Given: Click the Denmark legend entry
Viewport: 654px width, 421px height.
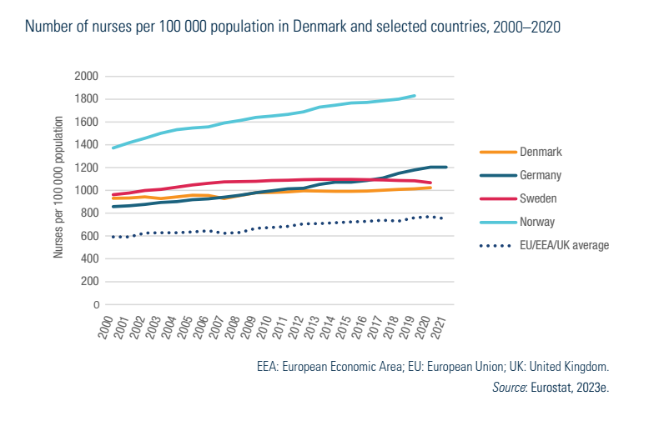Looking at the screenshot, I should pyautogui.click(x=541, y=153).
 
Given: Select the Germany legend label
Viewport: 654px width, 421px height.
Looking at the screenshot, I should pyautogui.click(x=541, y=175).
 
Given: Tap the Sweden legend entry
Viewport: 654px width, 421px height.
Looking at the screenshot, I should pyautogui.click(x=538, y=198).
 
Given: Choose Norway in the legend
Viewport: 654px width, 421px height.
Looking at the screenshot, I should pyautogui.click(x=537, y=222).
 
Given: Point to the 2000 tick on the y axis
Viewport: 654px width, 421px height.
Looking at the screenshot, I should pyautogui.click(x=87, y=76).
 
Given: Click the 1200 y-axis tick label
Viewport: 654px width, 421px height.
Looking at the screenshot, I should pyautogui.click(x=87, y=168).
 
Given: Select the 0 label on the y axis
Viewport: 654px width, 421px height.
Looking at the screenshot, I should pyautogui.click(x=96, y=305).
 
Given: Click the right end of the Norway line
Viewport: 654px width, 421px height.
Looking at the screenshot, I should pyautogui.click(x=415, y=96).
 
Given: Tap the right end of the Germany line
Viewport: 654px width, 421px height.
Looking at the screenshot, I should pyautogui.click(x=446, y=168).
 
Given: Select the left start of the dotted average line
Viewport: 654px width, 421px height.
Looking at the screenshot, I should pyautogui.click(x=113, y=237).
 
